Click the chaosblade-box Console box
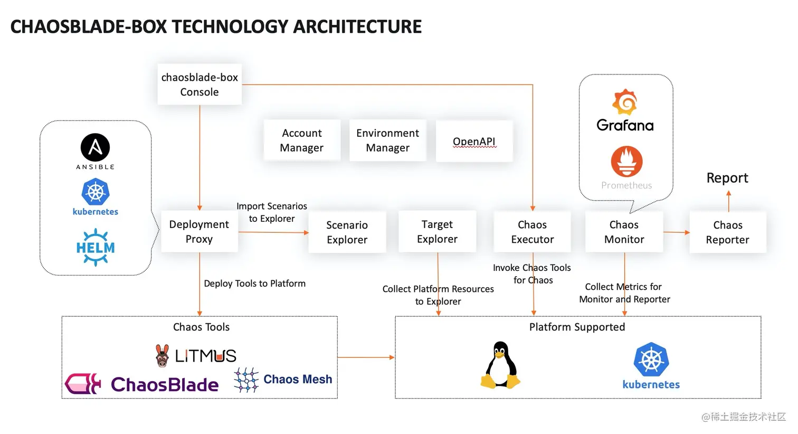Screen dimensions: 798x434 199,84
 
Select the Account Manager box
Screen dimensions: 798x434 302,140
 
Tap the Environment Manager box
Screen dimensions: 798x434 387,140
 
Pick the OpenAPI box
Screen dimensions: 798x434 474,141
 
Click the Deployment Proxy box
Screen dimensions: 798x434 199,232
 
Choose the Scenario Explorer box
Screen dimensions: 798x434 347,232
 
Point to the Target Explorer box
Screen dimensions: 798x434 437,232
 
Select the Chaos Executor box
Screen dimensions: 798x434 532,232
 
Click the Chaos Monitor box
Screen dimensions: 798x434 624,232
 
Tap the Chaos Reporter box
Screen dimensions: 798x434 727,232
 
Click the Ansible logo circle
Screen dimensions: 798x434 95,147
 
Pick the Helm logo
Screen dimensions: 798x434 96,247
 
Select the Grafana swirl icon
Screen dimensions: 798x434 625,102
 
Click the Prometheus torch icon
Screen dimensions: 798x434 626,161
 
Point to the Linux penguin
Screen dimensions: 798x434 500,365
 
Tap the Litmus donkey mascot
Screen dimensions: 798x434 163,356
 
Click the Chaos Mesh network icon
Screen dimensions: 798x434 246,380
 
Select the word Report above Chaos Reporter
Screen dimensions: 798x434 727,178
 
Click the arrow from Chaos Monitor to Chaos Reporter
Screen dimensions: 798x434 676,232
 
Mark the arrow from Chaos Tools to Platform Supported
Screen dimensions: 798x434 366,357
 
